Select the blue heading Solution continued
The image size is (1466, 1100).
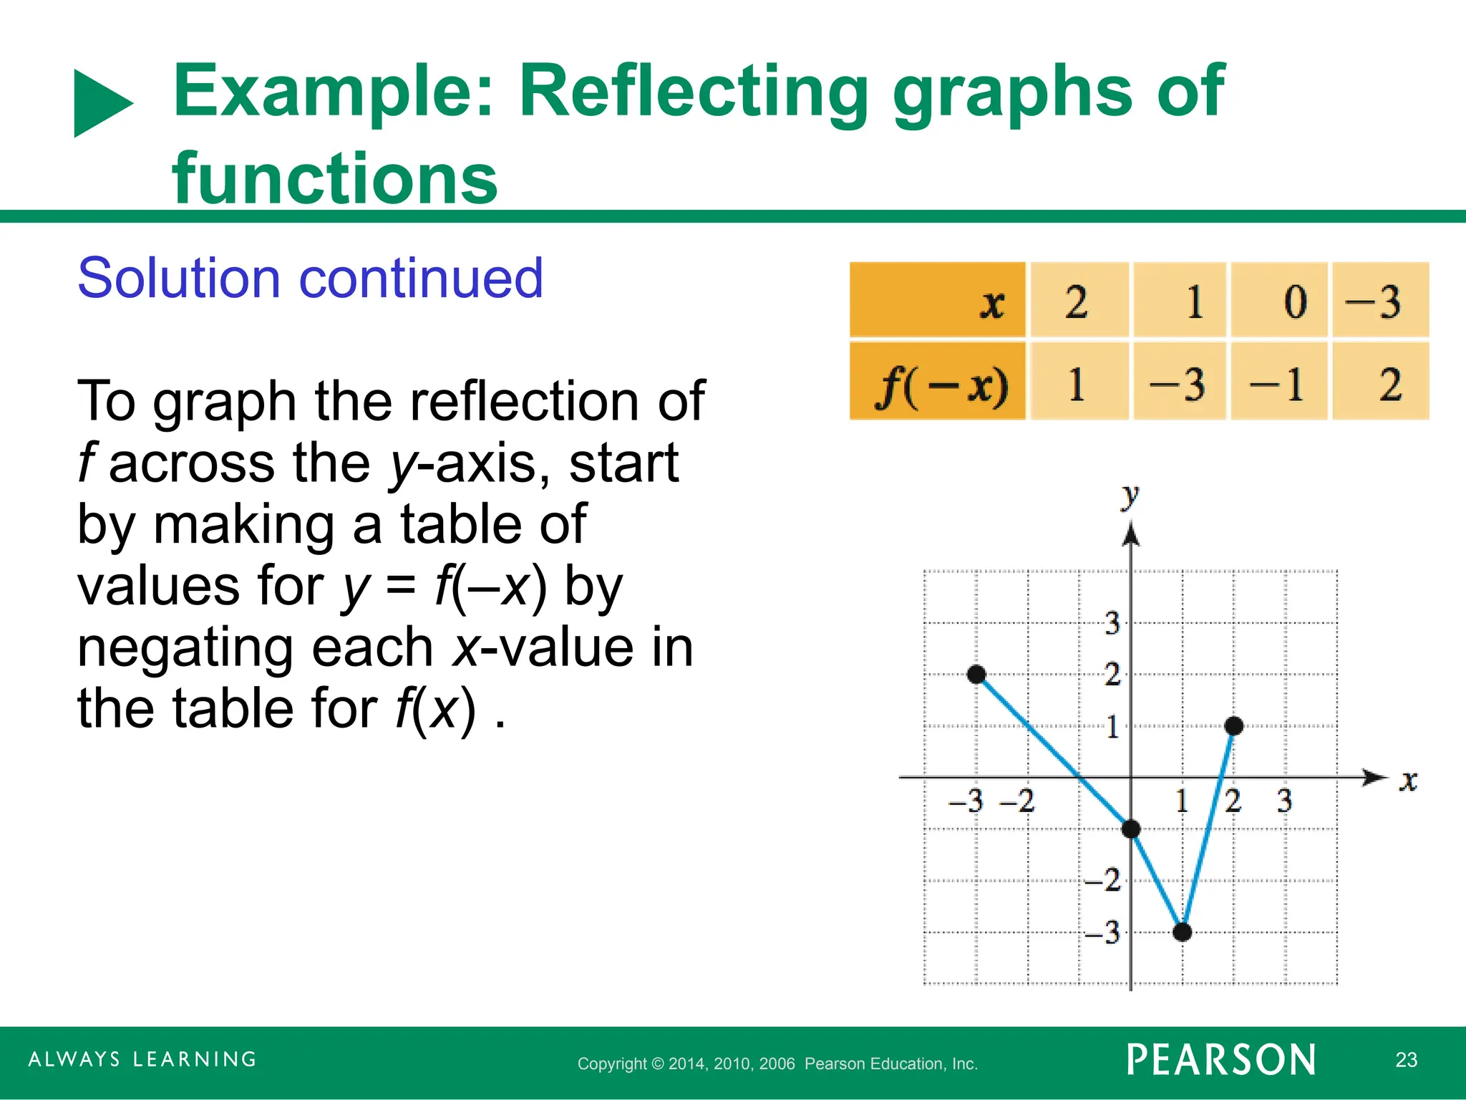(310, 278)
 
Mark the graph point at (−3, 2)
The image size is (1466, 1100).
(976, 674)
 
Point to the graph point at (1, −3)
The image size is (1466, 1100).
(1183, 932)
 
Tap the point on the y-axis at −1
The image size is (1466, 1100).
(1131, 829)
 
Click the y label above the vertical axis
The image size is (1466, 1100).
(1130, 496)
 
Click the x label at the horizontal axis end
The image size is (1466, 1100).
(1408, 781)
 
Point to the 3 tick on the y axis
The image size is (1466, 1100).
(1112, 623)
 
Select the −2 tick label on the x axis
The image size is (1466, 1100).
(1017, 801)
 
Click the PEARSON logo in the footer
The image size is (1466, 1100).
(1221, 1060)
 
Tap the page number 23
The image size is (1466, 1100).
(1406, 1060)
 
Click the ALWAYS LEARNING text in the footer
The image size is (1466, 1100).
(142, 1059)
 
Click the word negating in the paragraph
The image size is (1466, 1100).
(256, 647)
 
